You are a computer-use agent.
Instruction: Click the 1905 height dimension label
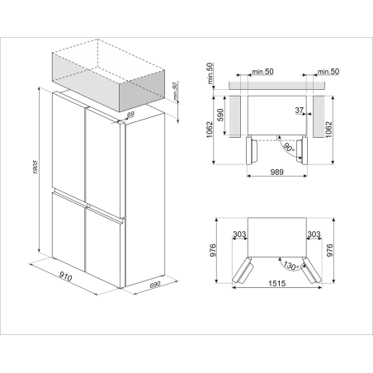[35, 167]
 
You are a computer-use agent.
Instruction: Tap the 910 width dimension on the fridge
[65, 276]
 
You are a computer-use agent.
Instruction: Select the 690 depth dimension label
[155, 285]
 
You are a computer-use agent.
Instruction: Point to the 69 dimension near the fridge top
[130, 114]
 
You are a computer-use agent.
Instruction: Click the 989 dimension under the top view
[276, 172]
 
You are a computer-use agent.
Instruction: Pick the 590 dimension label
[220, 115]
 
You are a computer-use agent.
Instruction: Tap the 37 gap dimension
[300, 111]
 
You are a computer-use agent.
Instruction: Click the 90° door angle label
[289, 149]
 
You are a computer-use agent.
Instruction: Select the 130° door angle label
[291, 266]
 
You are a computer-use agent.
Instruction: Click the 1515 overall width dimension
[277, 283]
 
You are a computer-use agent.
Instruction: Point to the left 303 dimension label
[239, 234]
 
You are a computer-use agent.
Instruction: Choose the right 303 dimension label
[314, 234]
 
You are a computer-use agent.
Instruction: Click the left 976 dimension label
[214, 250]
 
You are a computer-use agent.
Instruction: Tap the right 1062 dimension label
[329, 130]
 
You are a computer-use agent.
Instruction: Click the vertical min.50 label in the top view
[210, 73]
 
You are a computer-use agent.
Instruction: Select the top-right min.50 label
[328, 72]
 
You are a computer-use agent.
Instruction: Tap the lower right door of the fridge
[103, 249]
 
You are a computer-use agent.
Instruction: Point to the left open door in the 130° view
[243, 270]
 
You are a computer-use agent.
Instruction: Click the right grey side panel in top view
[319, 116]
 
